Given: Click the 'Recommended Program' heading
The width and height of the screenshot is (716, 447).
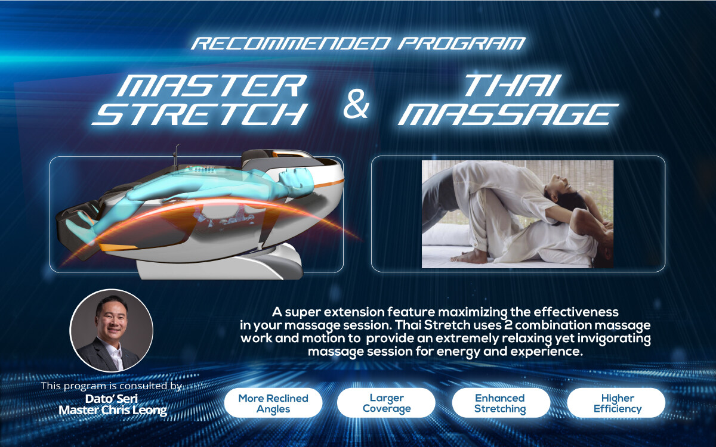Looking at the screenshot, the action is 359,44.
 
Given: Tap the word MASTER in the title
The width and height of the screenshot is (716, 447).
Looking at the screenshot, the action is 212,85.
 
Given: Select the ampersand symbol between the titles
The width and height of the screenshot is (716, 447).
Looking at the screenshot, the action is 356,104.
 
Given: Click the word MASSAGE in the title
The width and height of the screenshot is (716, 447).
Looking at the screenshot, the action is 508,114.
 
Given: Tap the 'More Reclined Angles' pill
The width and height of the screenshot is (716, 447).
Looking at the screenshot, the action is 273,403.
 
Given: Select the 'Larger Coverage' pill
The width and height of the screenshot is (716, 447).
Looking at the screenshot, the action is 386,403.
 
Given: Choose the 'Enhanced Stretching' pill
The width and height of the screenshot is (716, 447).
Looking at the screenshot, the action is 501,403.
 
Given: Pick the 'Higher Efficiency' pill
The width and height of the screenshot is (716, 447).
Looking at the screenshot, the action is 616,403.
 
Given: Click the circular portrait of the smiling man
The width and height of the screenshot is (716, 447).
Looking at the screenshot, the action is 111,330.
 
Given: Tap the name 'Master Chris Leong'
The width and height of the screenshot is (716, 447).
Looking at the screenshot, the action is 113,410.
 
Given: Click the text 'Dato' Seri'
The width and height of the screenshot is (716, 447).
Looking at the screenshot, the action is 112,399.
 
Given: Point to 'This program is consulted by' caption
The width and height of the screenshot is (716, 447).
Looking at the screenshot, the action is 111,386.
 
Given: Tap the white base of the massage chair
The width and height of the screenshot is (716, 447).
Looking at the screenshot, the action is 220,261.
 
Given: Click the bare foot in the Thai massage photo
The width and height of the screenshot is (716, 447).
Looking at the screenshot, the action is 471,256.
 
